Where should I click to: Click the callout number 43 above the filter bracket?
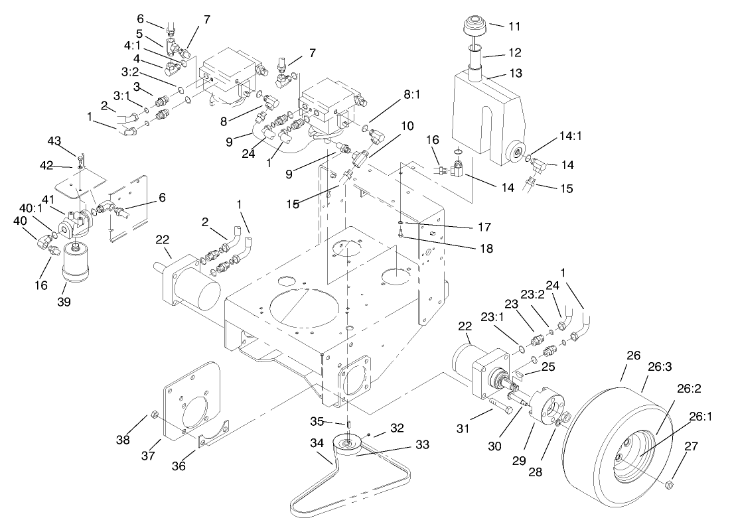coord(54,141)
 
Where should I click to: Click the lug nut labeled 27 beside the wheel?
coord(670,487)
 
